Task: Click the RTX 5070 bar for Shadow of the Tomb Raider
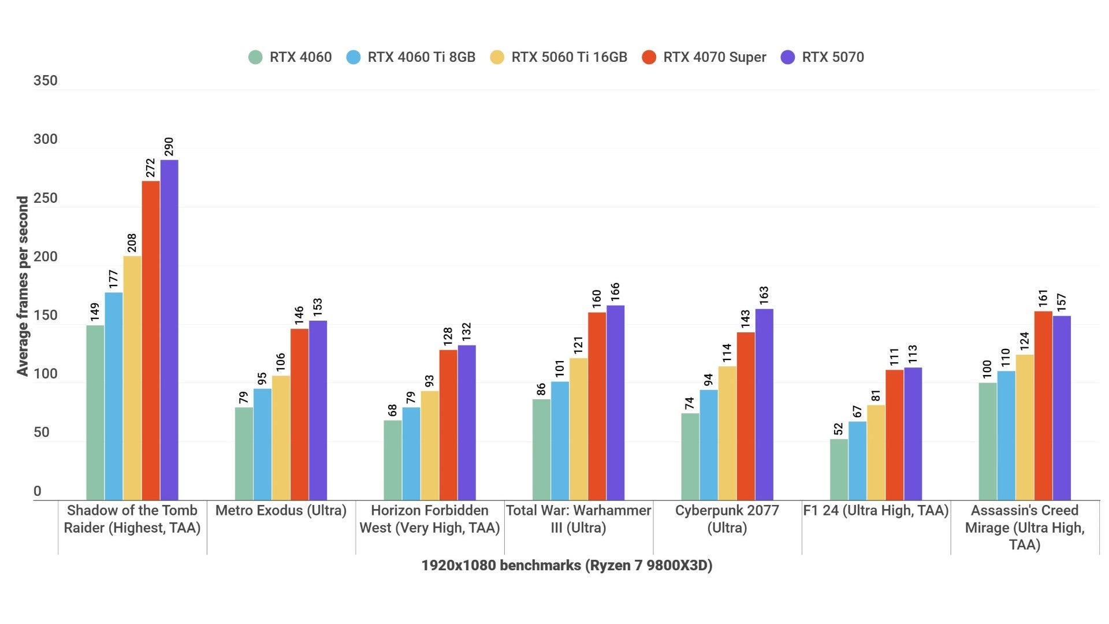click(x=169, y=329)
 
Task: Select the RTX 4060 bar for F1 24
click(x=839, y=469)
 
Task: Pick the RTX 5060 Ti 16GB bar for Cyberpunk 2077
click(x=727, y=433)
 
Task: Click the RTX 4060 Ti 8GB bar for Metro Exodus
click(x=262, y=444)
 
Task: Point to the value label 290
click(x=169, y=146)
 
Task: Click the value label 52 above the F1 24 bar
click(x=839, y=429)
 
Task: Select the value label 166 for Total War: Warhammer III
click(x=615, y=291)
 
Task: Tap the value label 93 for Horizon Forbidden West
click(x=429, y=381)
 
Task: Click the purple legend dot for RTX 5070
click(x=788, y=57)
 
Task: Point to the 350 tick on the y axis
click(x=45, y=80)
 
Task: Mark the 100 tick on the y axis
click(x=45, y=374)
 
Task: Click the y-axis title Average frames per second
click(x=23, y=286)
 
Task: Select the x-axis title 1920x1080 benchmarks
click(x=567, y=565)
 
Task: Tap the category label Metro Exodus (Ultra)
click(x=281, y=511)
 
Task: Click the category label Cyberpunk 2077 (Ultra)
click(x=727, y=519)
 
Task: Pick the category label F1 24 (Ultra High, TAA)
click(x=876, y=511)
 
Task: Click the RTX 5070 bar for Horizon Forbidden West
click(x=467, y=422)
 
